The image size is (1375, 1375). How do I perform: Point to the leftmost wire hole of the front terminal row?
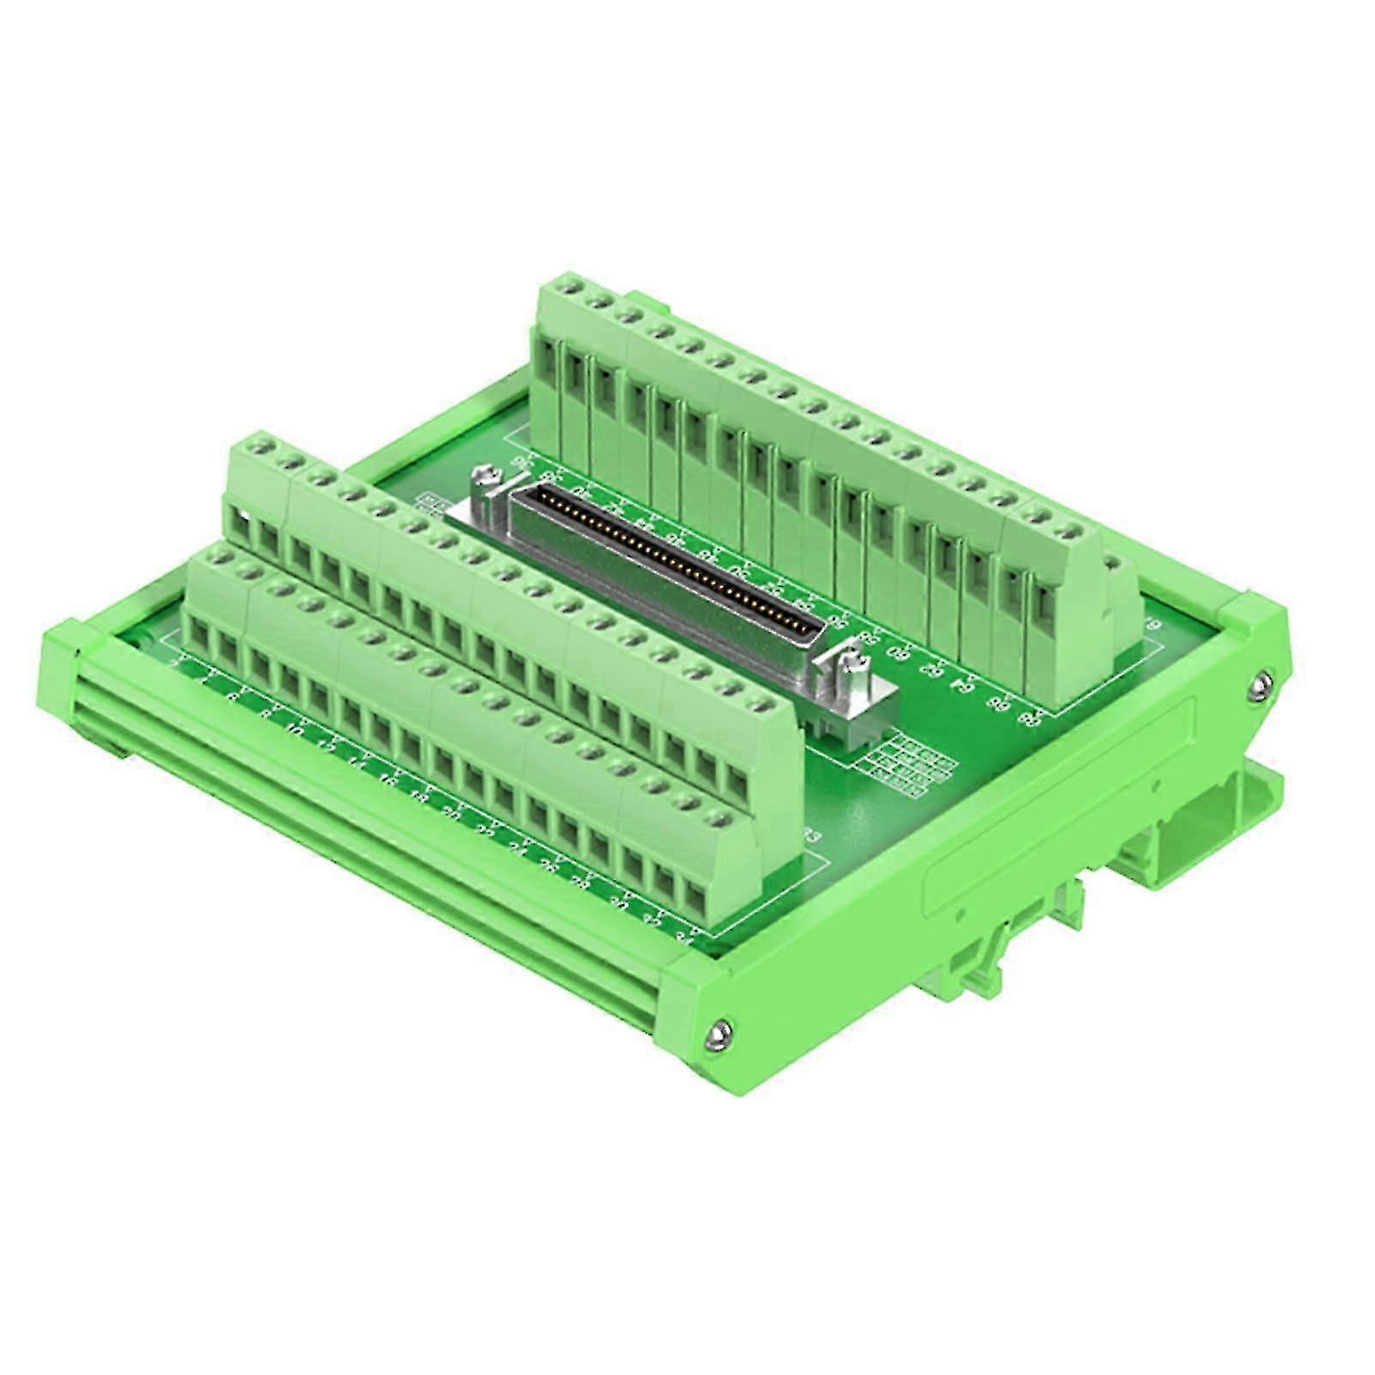pyautogui.click(x=200, y=636)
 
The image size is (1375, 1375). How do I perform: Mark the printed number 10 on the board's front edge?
pyautogui.click(x=295, y=729)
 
